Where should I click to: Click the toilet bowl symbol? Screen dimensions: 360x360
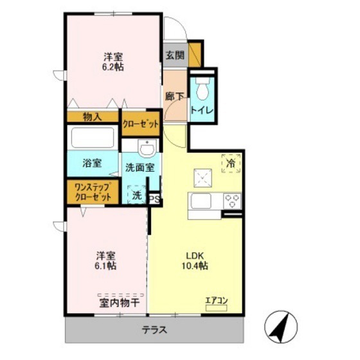tap(203, 89)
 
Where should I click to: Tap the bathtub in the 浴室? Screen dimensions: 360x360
tap(93, 138)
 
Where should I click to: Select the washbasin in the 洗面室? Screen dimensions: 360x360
tap(147, 148)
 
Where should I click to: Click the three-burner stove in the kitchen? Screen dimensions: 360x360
tap(232, 201)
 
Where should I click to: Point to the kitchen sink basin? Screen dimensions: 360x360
tap(201, 201)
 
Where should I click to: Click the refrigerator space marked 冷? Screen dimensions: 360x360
tap(231, 163)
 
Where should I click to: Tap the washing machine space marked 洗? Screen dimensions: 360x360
tap(137, 195)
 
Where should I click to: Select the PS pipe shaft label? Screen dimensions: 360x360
tap(155, 199)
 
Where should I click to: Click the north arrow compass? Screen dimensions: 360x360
tap(281, 327)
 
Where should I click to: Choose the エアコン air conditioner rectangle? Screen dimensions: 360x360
tap(216, 308)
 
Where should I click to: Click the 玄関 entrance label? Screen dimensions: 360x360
tap(175, 55)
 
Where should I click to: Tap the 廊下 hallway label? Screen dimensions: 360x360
tap(174, 96)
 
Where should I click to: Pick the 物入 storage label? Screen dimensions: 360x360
tap(92, 117)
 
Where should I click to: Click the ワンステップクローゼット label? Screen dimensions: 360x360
tap(93, 192)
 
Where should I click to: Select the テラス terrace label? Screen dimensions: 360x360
tap(154, 330)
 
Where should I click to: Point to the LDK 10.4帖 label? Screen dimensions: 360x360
tap(195, 260)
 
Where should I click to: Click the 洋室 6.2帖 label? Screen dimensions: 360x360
tap(113, 62)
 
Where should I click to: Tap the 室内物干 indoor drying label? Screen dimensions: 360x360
tap(120, 303)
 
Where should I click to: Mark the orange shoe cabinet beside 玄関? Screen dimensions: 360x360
tap(195, 55)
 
